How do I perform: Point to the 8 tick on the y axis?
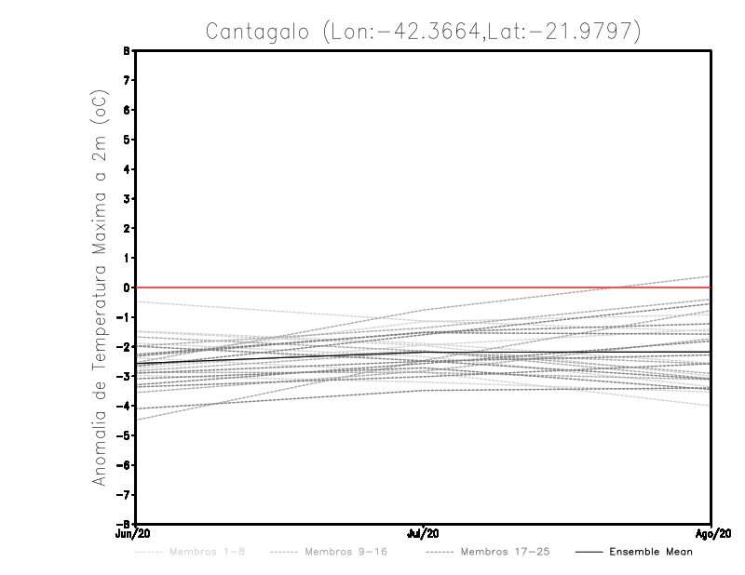[128, 51]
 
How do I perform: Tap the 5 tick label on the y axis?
[128, 140]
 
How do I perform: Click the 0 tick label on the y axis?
[128, 287]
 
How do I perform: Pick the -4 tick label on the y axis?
[125, 406]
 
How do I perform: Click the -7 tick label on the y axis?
[125, 494]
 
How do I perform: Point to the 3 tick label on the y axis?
[128, 199]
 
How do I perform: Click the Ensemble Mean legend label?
[651, 552]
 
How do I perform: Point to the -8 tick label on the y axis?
[125, 524]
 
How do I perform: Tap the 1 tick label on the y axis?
[128, 258]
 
